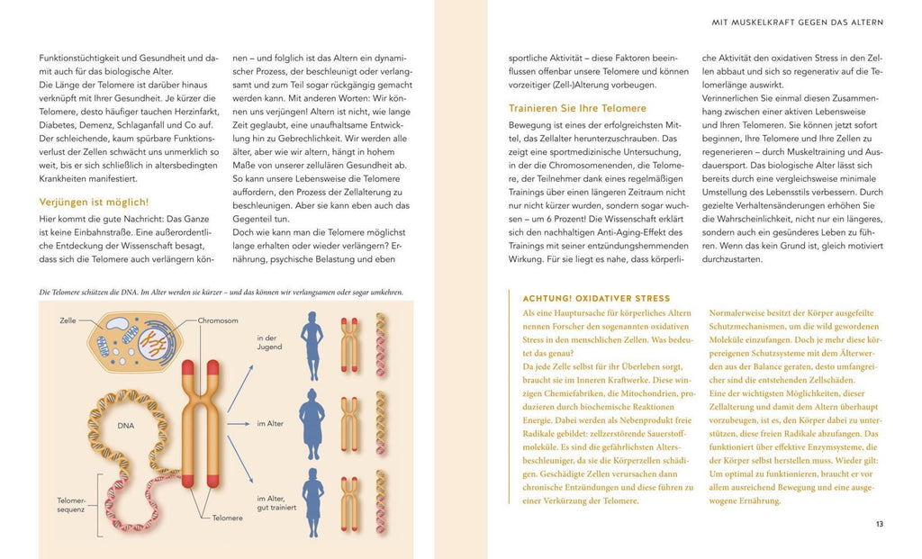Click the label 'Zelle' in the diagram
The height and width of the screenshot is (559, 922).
(x=68, y=320)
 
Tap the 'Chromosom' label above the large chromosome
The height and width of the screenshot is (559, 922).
(x=217, y=320)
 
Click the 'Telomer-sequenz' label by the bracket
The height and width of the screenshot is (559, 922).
(x=70, y=505)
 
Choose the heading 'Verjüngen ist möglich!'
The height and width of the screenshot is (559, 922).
(x=95, y=202)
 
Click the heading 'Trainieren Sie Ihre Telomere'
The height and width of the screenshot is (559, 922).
(x=577, y=108)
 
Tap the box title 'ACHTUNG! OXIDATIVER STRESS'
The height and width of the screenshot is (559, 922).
(x=596, y=298)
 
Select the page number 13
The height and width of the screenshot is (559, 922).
(x=879, y=524)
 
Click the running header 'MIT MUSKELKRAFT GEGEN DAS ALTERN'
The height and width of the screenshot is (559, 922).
(x=797, y=22)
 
